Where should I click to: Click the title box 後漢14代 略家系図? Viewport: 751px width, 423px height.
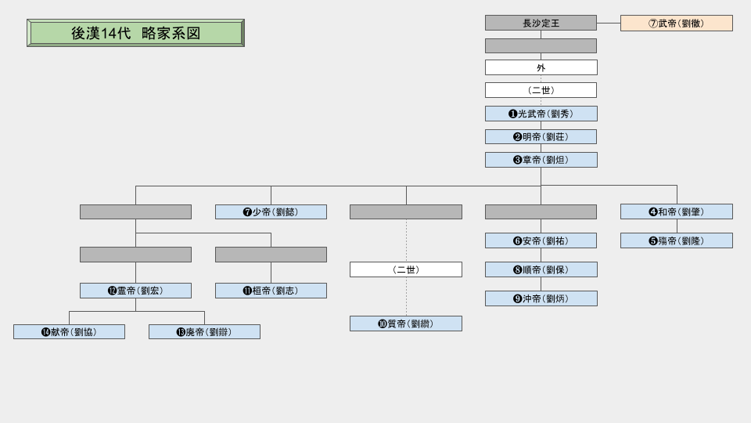[x=135, y=33]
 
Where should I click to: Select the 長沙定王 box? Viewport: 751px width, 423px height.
[x=541, y=23]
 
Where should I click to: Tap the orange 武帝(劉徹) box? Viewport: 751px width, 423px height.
[x=677, y=23]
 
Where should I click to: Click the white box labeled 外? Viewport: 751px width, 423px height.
[x=541, y=67]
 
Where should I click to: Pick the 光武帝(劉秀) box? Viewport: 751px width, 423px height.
[x=541, y=114]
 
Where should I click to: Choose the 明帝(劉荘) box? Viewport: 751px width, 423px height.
[x=541, y=136]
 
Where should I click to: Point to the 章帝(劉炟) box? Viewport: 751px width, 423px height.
[x=541, y=160]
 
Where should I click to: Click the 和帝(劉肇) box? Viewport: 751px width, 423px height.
[x=677, y=211]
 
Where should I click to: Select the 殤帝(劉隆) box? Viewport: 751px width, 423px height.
[x=677, y=240]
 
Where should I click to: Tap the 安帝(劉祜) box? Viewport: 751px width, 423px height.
[x=541, y=240]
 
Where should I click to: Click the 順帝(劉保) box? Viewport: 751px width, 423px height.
[x=541, y=269]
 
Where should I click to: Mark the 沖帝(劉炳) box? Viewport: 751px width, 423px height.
[x=541, y=298]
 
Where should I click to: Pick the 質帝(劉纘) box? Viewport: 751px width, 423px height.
[x=405, y=324]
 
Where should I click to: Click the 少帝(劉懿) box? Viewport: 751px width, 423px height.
[x=271, y=211]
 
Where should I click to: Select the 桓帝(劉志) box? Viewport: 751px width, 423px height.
[x=271, y=291]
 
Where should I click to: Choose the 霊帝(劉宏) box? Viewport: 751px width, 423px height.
[x=135, y=291]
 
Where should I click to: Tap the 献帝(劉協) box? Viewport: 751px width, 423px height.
[x=69, y=331]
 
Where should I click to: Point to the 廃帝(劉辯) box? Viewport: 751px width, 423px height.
[x=204, y=331]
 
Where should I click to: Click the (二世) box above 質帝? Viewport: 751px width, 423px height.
[x=405, y=269]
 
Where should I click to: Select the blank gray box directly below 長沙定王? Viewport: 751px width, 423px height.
[x=541, y=45]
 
